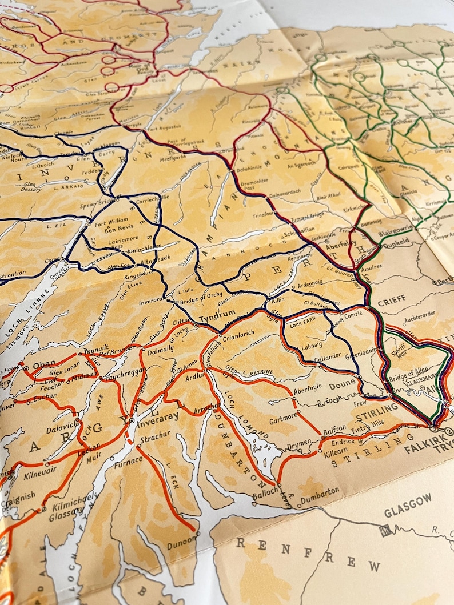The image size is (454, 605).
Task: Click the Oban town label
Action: (44, 364)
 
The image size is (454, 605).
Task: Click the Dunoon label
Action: (181, 546)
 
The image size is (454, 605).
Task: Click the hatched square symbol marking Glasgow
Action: (387, 530)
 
